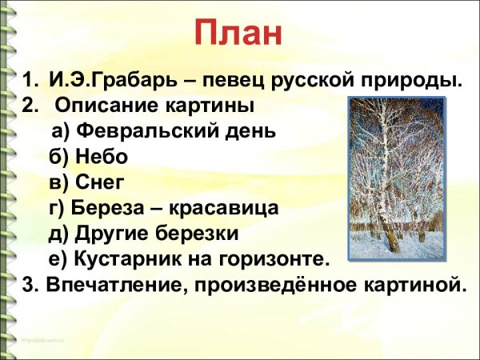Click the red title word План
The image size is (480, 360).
coord(239,33)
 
